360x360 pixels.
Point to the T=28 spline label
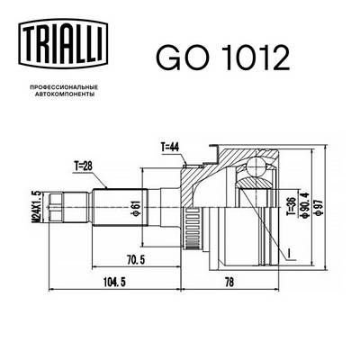(x=85, y=166)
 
